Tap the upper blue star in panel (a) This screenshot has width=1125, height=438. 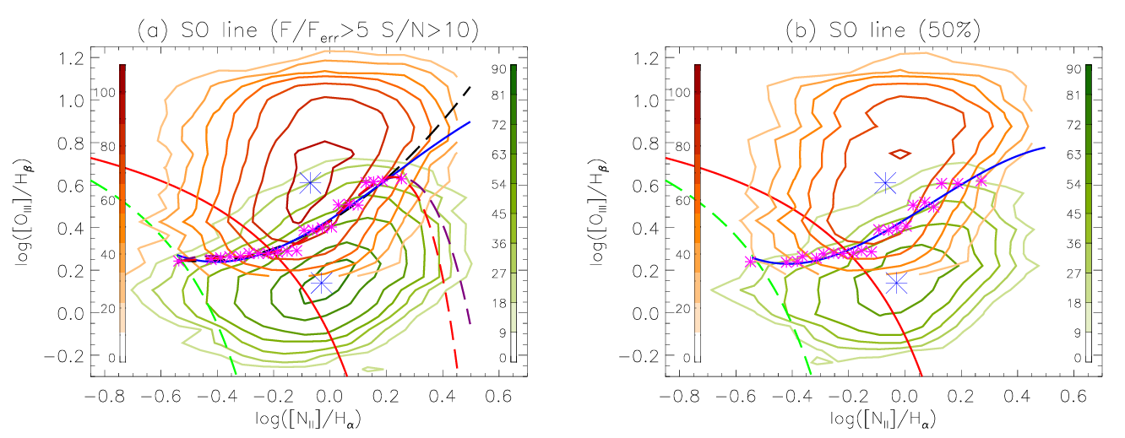[310, 182]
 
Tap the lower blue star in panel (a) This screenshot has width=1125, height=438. [321, 283]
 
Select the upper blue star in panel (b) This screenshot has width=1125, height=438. [885, 182]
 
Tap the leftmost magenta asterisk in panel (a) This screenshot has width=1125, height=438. [179, 261]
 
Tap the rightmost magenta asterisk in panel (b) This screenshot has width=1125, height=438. [981, 181]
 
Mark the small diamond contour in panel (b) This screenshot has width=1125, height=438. [901, 154]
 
